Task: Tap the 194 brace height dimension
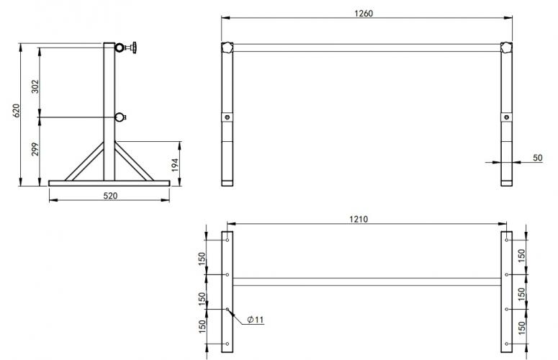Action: [x=174, y=165]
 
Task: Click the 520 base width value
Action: [x=109, y=195]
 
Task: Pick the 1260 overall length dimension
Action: [x=364, y=13]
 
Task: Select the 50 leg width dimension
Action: [x=537, y=157]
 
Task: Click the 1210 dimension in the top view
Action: [x=358, y=219]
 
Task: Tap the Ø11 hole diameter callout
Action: [x=254, y=320]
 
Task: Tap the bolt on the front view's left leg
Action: [x=228, y=118]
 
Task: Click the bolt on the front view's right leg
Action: [x=507, y=118]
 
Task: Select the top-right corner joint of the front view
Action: [x=507, y=48]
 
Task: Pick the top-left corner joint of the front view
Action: [x=228, y=48]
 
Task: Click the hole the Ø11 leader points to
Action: [x=228, y=310]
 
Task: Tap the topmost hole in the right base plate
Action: [x=507, y=240]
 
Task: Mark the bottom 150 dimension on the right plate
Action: [x=521, y=328]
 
